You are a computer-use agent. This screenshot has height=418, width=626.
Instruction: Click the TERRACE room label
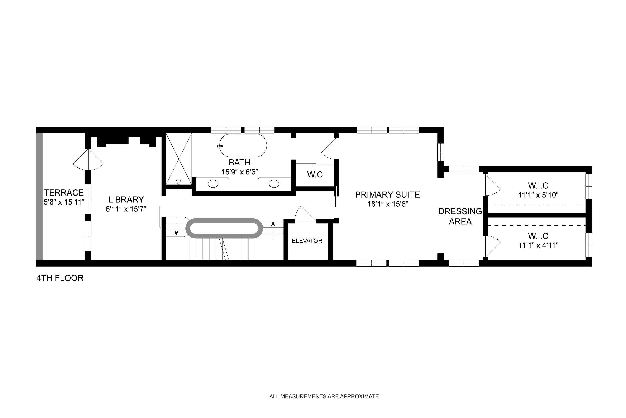point(64,192)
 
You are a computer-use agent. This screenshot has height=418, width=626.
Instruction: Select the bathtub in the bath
point(243,146)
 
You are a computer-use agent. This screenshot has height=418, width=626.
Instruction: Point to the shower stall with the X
point(179,159)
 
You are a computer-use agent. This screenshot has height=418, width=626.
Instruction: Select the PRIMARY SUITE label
point(387,195)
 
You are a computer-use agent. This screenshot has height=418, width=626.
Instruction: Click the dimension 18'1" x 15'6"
point(388,204)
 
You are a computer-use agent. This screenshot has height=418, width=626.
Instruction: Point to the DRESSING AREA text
point(460,216)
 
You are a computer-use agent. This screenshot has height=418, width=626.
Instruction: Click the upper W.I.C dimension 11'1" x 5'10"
point(538,195)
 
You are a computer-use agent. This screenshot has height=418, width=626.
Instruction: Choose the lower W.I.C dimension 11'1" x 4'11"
point(538,245)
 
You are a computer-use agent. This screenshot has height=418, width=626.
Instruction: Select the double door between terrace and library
point(88,160)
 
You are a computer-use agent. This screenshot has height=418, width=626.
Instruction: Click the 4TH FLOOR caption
point(60,278)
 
